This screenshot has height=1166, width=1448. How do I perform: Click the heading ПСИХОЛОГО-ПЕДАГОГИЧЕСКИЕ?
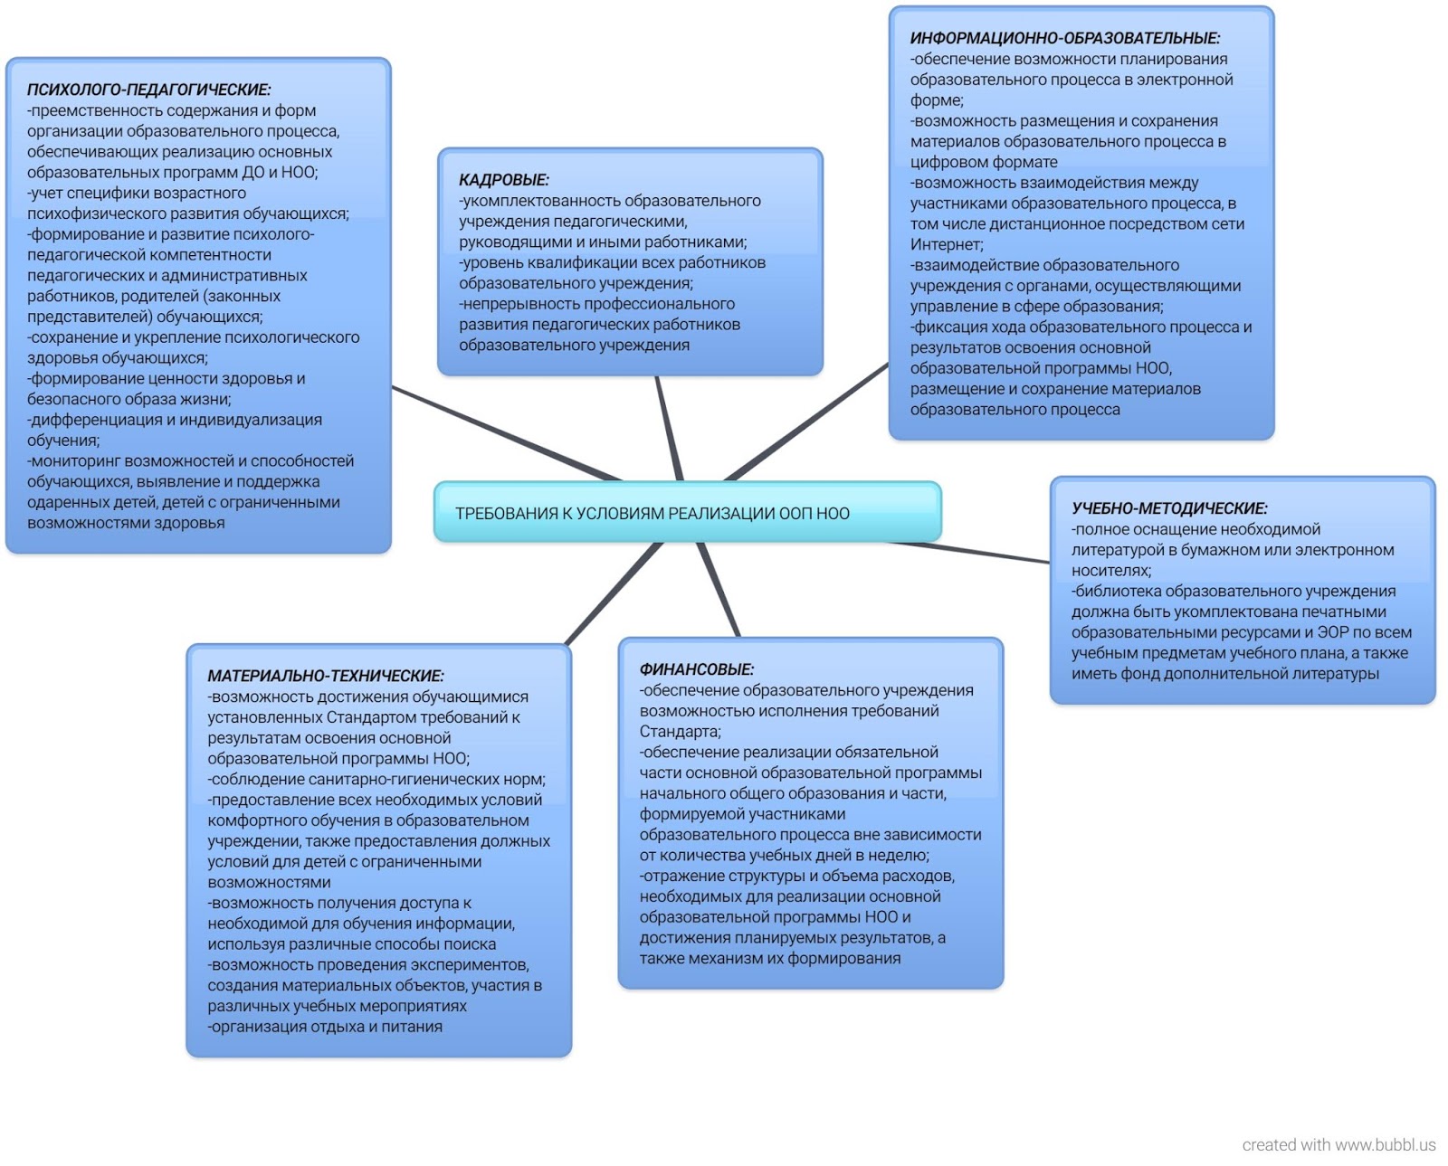tap(148, 90)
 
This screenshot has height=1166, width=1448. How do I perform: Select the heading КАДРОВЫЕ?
tap(503, 180)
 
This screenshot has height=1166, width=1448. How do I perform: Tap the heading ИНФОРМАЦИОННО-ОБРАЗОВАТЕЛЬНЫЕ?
tap(1064, 38)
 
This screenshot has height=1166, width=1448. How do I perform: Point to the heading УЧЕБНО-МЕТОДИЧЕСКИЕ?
tap(1169, 508)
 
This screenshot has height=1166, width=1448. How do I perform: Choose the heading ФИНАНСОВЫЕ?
tap(696, 669)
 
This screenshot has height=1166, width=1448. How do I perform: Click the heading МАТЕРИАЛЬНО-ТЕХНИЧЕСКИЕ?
tap(326, 676)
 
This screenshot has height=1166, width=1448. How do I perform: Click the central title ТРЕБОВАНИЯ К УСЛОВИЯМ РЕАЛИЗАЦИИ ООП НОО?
tap(652, 514)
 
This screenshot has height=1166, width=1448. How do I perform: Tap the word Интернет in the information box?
tap(946, 244)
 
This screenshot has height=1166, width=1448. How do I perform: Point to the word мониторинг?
tap(76, 461)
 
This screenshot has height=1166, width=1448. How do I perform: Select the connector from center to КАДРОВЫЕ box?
tap(670, 429)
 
